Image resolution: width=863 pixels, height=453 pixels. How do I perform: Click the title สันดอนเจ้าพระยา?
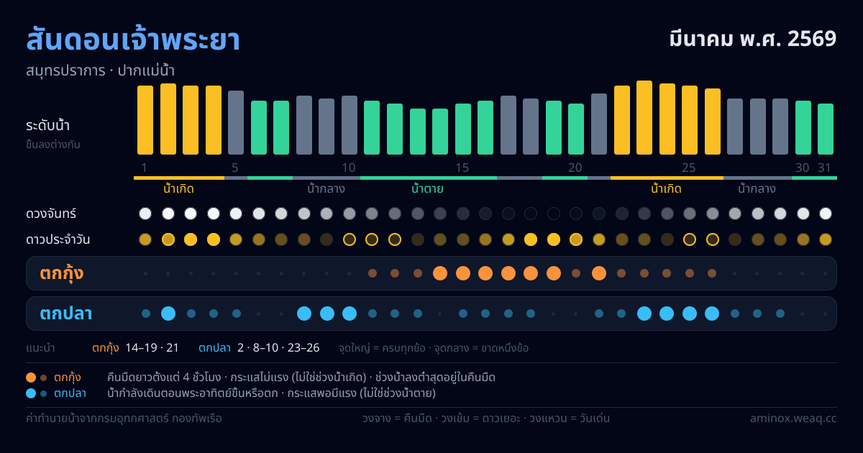133,40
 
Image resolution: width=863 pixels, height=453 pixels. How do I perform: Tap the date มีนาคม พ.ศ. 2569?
753,39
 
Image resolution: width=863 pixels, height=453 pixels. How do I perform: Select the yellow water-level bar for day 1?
145,120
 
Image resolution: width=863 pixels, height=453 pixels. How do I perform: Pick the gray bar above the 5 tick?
236,122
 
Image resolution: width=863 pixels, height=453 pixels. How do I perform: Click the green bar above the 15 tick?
463,129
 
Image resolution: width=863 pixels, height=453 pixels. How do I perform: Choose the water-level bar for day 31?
826,129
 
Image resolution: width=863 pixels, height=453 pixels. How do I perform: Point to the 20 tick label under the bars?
575,168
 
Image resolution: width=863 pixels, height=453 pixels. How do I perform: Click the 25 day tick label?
689,168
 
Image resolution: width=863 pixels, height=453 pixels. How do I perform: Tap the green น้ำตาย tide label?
427,188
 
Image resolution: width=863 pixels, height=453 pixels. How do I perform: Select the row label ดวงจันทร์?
51,214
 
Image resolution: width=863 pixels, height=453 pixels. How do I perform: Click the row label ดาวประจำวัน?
58,239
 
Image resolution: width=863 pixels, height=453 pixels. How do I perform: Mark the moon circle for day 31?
826,214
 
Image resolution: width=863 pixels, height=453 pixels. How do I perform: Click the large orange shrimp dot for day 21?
599,273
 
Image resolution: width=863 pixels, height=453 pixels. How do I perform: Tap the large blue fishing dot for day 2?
168,314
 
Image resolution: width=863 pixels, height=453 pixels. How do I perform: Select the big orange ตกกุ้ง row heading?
62,273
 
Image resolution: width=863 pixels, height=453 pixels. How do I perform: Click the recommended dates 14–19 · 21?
152,348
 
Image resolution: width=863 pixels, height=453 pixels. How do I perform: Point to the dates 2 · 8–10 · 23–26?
278,348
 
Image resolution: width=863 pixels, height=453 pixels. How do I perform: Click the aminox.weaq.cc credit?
793,418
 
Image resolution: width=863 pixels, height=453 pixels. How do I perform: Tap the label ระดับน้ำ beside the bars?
47,126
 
